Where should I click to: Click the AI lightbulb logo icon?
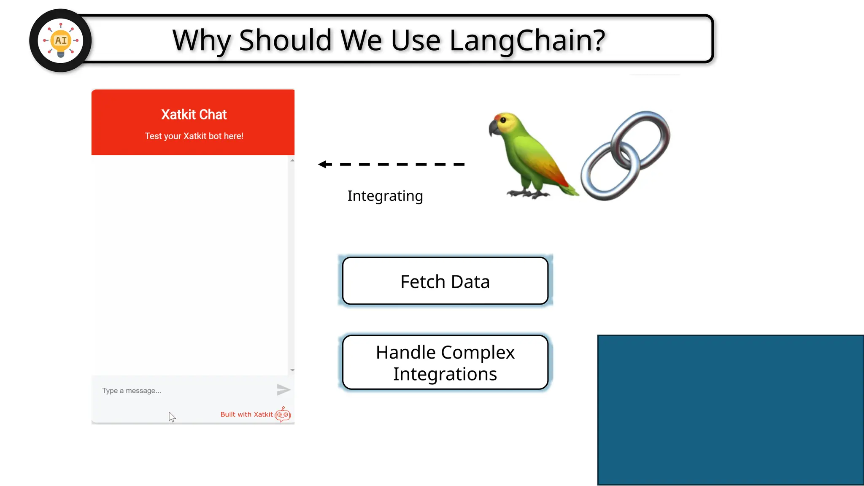(61, 40)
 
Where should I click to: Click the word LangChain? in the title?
(527, 40)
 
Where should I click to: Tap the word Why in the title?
(202, 40)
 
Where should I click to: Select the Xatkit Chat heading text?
(194, 114)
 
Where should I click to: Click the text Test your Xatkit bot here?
(194, 136)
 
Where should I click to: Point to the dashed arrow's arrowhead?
(324, 164)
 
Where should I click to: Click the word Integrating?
(385, 196)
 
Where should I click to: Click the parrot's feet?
(527, 194)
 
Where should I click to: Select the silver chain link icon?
(626, 155)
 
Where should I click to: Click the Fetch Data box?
(445, 281)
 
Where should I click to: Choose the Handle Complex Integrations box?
(445, 362)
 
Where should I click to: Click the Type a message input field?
(181, 391)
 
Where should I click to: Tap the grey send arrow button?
(283, 389)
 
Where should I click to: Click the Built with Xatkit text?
(246, 414)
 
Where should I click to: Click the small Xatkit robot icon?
(283, 415)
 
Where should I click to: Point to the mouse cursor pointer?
(171, 416)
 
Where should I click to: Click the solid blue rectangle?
(730, 410)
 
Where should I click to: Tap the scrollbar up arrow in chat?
(292, 161)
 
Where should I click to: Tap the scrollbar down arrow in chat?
(292, 370)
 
